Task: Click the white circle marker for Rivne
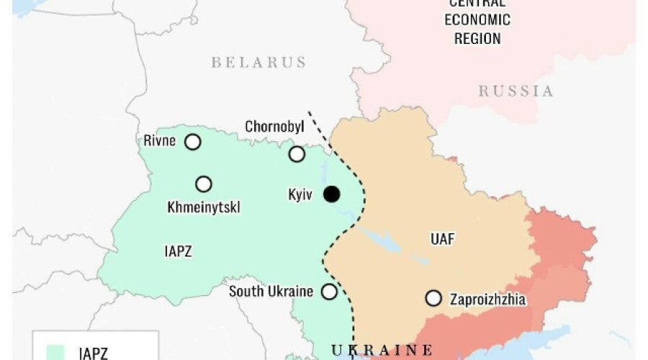(x=192, y=142)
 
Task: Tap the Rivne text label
(x=159, y=140)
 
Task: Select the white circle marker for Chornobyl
(x=297, y=154)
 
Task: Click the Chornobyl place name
(x=274, y=127)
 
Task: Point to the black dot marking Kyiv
(x=331, y=194)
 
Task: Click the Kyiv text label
(x=300, y=194)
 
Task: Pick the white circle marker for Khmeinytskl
(x=204, y=184)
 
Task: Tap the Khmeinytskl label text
(x=204, y=208)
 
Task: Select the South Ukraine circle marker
(x=329, y=292)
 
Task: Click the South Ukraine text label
(x=271, y=292)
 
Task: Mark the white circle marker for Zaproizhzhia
(x=433, y=298)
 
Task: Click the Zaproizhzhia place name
(x=488, y=299)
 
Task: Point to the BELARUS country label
(x=258, y=63)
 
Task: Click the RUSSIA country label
(x=516, y=91)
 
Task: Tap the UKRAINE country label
(x=382, y=350)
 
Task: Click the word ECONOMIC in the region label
(x=477, y=19)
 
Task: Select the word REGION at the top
(x=477, y=37)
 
